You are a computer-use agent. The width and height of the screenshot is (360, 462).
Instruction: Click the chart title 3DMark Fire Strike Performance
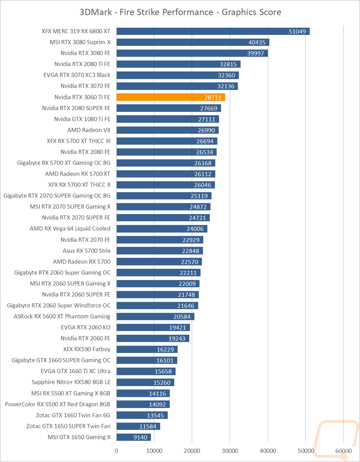click(180, 12)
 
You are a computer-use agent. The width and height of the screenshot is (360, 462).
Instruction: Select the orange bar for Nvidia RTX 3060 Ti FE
click(171, 97)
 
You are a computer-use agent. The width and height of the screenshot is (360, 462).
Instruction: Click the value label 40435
click(257, 42)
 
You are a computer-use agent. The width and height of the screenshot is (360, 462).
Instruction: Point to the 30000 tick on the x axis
click(230, 450)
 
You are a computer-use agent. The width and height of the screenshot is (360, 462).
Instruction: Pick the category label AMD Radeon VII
click(89, 130)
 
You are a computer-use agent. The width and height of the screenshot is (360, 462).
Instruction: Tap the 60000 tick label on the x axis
click(343, 450)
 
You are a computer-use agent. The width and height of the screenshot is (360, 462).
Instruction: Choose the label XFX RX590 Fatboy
click(87, 349)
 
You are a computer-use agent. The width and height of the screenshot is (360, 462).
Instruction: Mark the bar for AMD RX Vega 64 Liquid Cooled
click(162, 229)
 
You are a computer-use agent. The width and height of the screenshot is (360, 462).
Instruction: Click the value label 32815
click(228, 64)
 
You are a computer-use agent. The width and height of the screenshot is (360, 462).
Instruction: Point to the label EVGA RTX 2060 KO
click(86, 327)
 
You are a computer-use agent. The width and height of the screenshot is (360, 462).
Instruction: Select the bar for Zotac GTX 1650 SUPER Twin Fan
click(138, 426)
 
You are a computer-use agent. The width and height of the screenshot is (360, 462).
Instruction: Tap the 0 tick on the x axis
click(116, 450)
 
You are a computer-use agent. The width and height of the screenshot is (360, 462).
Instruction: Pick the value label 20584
click(183, 317)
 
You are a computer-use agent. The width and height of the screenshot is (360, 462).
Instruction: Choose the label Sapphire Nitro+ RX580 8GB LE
click(71, 382)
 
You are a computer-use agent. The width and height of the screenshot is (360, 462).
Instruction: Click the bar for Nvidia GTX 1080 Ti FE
click(167, 119)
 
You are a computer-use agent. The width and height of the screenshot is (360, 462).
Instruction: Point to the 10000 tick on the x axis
click(154, 450)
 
